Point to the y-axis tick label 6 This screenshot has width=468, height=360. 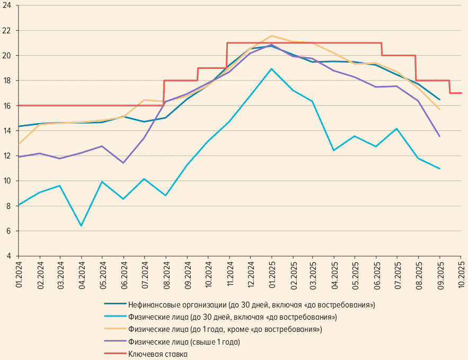(9, 231)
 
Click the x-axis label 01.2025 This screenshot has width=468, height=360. (272, 274)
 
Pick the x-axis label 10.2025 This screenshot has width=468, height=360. (461, 274)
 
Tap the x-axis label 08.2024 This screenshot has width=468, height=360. (166, 274)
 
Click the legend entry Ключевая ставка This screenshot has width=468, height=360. (157, 353)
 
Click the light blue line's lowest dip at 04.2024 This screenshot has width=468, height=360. (82, 226)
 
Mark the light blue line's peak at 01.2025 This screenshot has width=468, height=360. (271, 69)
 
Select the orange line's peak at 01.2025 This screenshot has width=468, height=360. (271, 36)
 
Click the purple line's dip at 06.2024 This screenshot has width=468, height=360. (123, 163)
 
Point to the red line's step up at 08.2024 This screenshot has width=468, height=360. (164, 93)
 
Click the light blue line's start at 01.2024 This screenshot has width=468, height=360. (19, 205)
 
